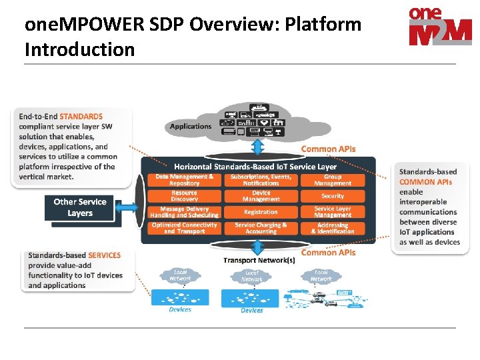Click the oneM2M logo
[439, 26]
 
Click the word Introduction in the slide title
[79, 49]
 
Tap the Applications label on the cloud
[191, 126]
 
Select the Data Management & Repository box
[185, 180]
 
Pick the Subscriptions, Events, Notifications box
[261, 180]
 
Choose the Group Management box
[333, 180]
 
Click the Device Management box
[261, 196]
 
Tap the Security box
[333, 196]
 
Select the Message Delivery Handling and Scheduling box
[185, 212]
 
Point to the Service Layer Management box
[333, 212]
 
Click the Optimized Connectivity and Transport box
[185, 228]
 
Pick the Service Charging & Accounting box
[261, 228]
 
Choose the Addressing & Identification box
[333, 228]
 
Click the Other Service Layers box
[80, 207]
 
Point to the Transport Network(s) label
[259, 260]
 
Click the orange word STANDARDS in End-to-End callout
[81, 116]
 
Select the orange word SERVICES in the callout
[105, 255]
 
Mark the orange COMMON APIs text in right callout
[425, 181]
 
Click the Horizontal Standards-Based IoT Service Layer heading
[255, 166]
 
